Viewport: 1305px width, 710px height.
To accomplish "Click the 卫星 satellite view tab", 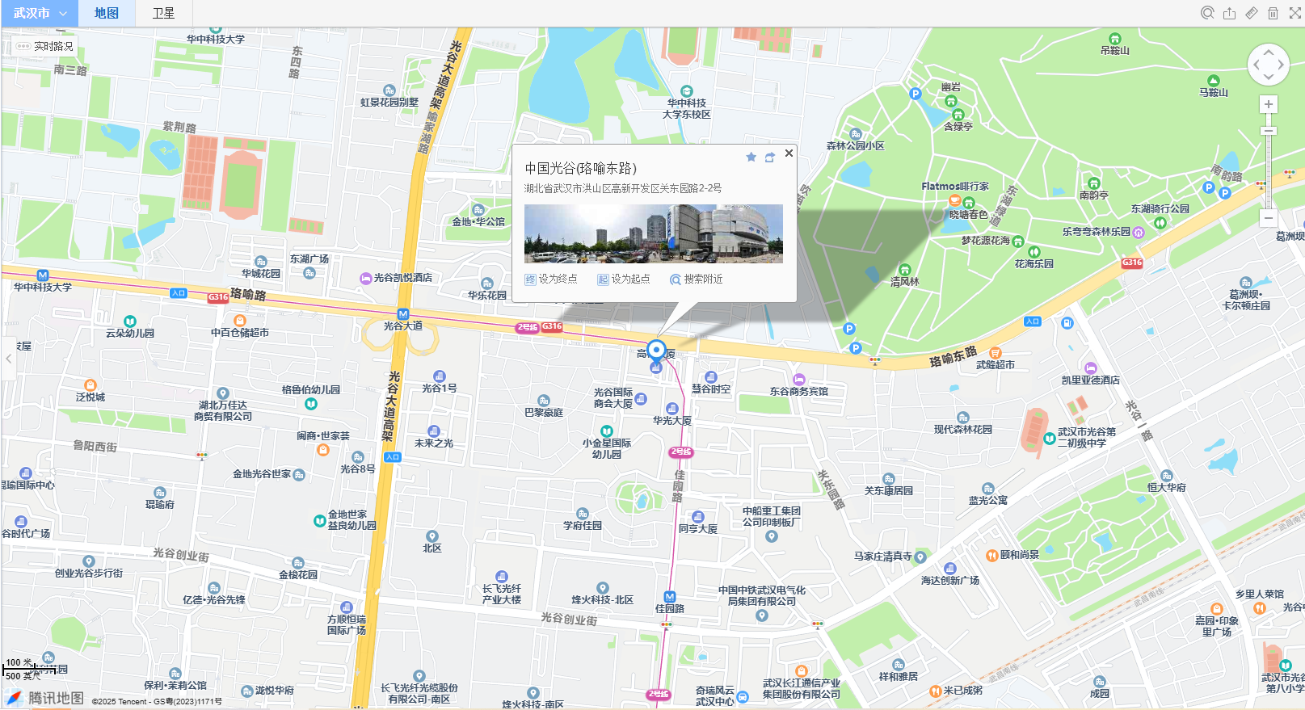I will coord(163,13).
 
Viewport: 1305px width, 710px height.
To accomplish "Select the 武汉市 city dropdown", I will coord(39,13).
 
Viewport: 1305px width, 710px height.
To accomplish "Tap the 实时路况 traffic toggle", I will coord(45,46).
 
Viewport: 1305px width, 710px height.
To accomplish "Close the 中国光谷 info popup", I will coord(789,153).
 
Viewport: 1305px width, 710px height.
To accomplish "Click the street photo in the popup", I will coord(653,233).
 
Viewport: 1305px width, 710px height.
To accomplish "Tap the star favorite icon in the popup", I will coord(751,157).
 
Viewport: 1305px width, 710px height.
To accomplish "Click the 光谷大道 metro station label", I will coord(403,326).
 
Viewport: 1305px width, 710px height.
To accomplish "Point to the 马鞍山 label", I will coord(1213,92).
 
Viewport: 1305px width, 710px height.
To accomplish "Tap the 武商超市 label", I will coord(996,364).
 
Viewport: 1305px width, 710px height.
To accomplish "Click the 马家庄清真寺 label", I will coord(883,556).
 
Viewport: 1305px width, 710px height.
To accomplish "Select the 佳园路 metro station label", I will coord(670,608).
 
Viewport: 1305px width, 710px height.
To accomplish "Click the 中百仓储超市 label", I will coord(240,332).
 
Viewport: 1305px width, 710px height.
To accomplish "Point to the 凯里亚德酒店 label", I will coord(1090,380).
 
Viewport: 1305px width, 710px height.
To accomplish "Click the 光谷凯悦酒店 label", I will coord(402,277).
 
